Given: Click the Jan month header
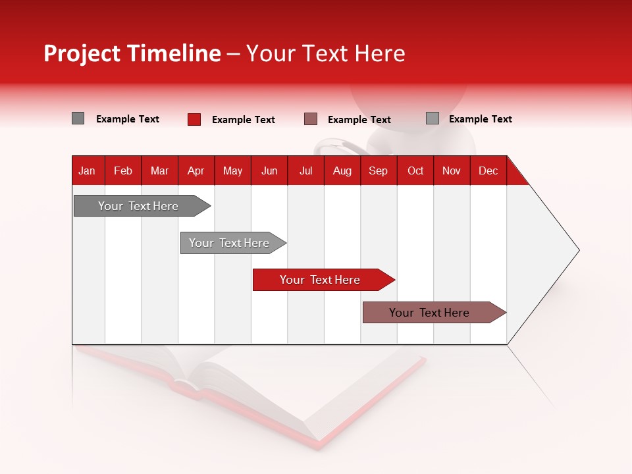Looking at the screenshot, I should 87,171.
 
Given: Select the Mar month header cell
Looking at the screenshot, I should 159,171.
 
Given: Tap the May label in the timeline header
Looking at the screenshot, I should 232,171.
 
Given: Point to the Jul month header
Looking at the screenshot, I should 305,171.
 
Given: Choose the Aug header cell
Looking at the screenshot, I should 342,171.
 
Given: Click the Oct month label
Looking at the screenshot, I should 415,171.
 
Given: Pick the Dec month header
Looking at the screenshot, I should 488,171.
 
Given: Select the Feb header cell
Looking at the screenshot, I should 123,171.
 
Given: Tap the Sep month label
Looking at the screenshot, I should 378,171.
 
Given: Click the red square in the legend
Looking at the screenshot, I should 194,119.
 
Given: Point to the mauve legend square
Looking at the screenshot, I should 311,119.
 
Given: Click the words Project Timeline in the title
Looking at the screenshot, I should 132,53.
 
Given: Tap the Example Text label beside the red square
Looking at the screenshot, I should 243,120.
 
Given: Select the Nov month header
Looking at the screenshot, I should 451,171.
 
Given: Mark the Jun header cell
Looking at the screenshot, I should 269,171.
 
